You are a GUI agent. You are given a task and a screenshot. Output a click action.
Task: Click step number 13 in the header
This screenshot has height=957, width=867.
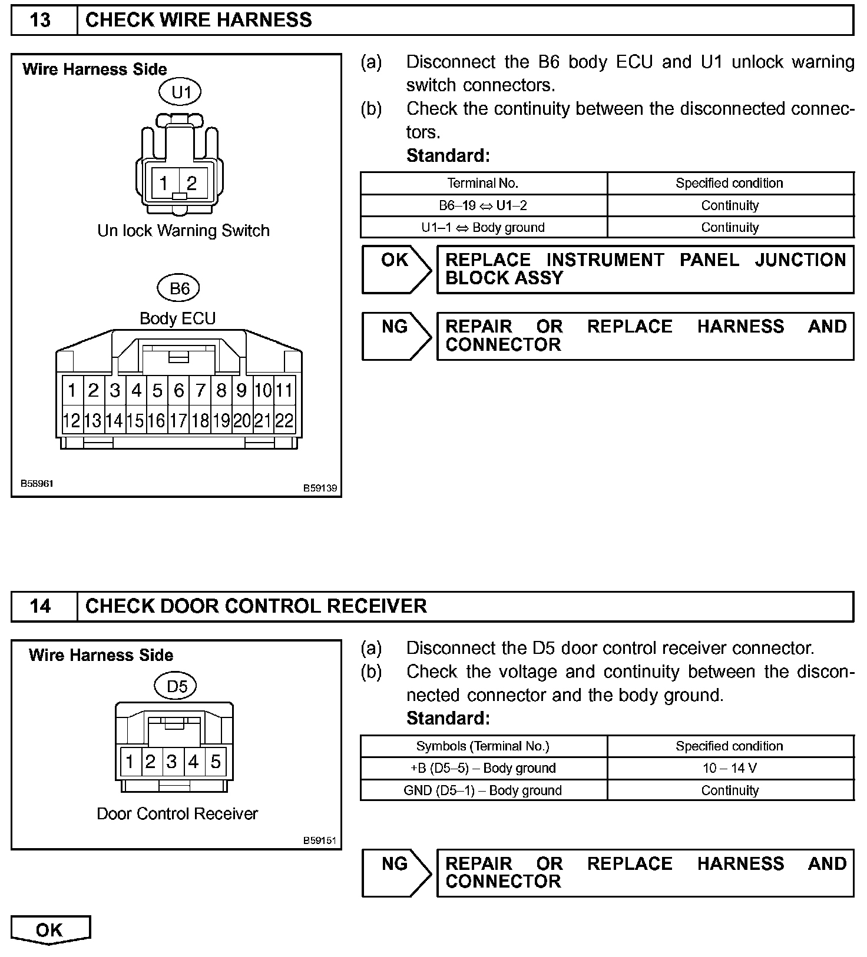point(40,21)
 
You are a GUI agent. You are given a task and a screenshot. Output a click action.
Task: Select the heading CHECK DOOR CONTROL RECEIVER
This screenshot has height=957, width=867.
point(256,606)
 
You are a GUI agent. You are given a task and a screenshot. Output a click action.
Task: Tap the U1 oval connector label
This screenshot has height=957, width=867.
point(181,92)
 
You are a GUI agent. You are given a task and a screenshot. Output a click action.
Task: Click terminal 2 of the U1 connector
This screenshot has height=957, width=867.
point(191,183)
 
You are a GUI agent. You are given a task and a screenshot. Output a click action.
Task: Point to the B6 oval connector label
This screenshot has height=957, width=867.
point(178,288)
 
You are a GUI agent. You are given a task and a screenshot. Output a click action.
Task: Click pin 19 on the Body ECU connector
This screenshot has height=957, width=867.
point(221,421)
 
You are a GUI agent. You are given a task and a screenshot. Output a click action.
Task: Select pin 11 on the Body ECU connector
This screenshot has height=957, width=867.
point(284,390)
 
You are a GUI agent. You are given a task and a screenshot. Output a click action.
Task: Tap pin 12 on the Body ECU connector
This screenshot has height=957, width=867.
point(71,421)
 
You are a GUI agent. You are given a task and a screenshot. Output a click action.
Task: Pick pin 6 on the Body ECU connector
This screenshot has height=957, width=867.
point(178,390)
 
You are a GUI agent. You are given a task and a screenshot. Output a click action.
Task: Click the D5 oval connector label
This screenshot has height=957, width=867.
point(177,686)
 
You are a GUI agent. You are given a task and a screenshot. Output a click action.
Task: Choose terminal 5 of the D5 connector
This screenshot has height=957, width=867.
point(216,762)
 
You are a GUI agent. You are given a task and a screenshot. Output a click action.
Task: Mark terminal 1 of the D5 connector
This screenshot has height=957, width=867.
point(130,762)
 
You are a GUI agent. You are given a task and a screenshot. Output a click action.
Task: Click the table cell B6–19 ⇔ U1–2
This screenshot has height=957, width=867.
point(483,205)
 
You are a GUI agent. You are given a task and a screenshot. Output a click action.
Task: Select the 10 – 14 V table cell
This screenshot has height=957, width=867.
point(730,768)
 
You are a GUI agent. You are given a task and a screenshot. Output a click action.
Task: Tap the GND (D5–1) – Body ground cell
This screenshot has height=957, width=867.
point(483,790)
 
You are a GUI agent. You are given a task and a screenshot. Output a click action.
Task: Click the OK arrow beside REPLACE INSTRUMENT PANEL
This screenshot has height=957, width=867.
point(396,269)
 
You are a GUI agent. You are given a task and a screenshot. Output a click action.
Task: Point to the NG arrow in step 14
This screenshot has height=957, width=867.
point(396,872)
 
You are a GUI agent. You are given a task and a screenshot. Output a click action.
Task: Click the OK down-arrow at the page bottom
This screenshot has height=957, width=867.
point(50,930)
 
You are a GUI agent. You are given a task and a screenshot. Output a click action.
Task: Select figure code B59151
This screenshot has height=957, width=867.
point(320,840)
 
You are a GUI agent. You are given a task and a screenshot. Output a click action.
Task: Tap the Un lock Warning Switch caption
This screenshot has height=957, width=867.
point(183,231)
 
